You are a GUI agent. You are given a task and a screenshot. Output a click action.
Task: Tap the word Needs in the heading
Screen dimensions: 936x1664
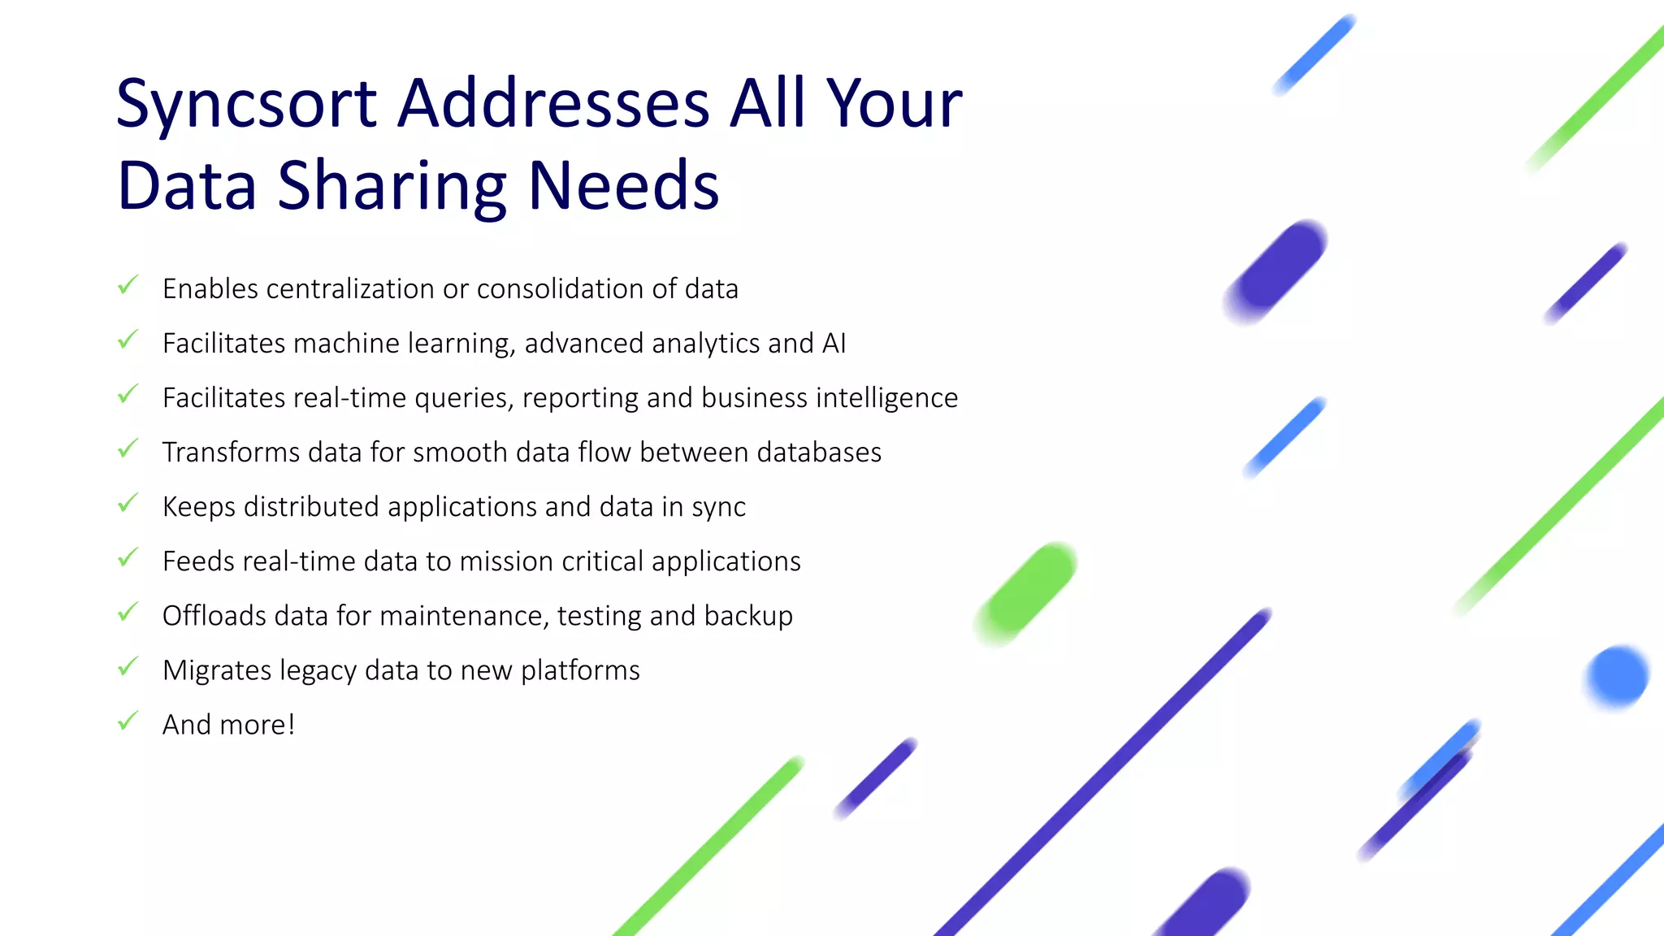[623, 186]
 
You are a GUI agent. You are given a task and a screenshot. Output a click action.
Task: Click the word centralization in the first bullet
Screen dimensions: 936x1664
[350, 289]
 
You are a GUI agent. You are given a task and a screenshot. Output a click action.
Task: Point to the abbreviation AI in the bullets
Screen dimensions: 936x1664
[834, 344]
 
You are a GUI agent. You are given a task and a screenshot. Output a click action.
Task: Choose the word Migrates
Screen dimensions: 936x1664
[217, 670]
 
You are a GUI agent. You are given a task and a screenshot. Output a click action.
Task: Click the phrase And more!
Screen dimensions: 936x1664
[228, 725]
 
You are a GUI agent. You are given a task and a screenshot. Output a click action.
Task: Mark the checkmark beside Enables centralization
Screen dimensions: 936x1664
[128, 285]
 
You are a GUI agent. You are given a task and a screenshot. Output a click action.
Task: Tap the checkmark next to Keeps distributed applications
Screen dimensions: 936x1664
[128, 503]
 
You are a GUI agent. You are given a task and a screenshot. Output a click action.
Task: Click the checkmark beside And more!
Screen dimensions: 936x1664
[128, 721]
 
